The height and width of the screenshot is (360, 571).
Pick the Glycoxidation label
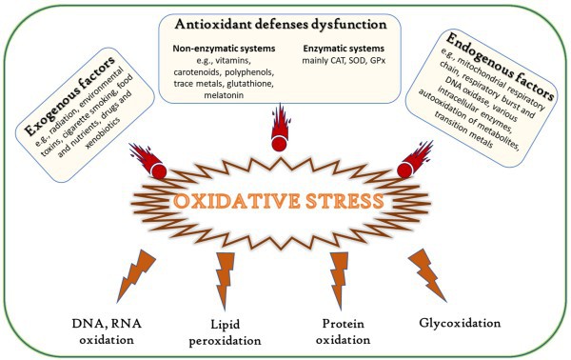pos(459,323)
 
